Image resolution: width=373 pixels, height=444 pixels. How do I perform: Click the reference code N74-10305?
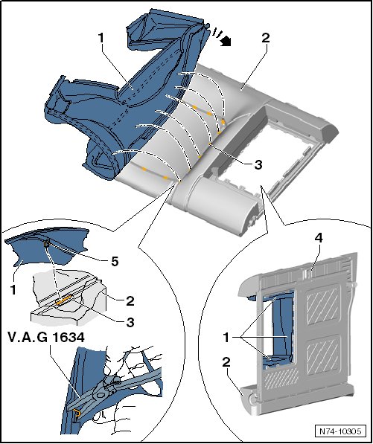[x=340, y=431]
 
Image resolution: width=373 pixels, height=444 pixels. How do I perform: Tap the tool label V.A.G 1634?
[x=46, y=338]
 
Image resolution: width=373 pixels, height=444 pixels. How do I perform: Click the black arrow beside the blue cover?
[x=226, y=42]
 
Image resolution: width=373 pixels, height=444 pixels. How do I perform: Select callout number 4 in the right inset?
[x=319, y=239]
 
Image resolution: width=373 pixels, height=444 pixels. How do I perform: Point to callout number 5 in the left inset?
[x=115, y=262]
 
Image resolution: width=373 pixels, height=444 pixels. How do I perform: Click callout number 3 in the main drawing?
[x=258, y=165]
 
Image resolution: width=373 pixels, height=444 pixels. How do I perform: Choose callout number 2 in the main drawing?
[x=266, y=38]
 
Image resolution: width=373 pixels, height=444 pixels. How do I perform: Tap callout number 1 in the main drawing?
[x=101, y=38]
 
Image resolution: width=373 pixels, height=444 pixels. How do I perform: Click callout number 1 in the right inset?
[x=226, y=338]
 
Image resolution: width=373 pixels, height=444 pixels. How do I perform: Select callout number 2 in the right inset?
[x=226, y=363]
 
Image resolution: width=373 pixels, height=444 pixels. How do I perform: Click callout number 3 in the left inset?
[x=130, y=323]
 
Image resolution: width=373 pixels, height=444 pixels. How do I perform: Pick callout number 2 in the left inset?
[x=130, y=301]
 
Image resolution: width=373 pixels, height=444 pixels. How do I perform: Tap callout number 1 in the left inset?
[x=13, y=289]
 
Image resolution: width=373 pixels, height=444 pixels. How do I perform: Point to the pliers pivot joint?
[x=100, y=395]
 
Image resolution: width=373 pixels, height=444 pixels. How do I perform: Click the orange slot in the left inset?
[x=64, y=300]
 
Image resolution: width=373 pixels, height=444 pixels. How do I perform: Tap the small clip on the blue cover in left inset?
[x=47, y=243]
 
